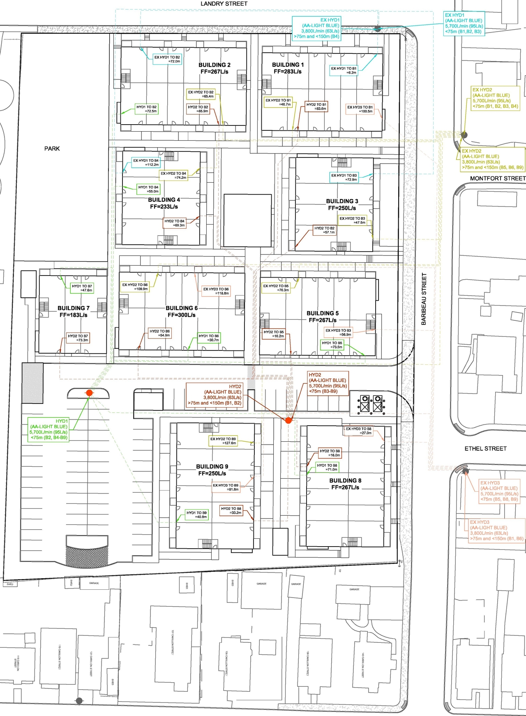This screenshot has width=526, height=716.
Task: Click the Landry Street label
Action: pos(224,4)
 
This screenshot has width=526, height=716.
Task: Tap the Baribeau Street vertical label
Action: pos(424,299)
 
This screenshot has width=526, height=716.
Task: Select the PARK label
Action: pos(52,148)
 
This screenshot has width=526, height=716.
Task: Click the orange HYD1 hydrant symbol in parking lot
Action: pos(89,393)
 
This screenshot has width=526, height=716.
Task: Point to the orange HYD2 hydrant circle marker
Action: pos(288,420)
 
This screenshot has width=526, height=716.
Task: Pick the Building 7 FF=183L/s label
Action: pos(74,311)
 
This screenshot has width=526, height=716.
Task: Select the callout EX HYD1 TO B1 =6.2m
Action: pos(344,70)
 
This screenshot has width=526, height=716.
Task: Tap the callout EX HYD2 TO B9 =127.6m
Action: pos(223,441)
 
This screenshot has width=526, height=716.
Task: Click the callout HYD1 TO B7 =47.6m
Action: pos(82,288)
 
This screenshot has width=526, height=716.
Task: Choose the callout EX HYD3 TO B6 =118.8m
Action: pos(216,291)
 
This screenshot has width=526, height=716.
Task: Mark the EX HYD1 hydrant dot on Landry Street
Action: pos(377,29)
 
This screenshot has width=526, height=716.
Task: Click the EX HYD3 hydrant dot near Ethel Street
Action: pos(465,471)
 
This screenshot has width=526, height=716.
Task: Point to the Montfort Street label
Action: pos(498,178)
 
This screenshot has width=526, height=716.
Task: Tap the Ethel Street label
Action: pos(485,449)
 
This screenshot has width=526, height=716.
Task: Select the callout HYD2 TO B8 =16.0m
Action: pos(330,453)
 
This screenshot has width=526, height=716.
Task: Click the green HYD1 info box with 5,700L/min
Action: pos(48,429)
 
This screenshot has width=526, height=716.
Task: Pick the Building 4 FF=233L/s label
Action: pos(164,203)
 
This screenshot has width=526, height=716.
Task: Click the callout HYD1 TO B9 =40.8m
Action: pos(196,514)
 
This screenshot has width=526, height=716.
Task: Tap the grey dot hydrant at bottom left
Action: pos(79,701)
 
